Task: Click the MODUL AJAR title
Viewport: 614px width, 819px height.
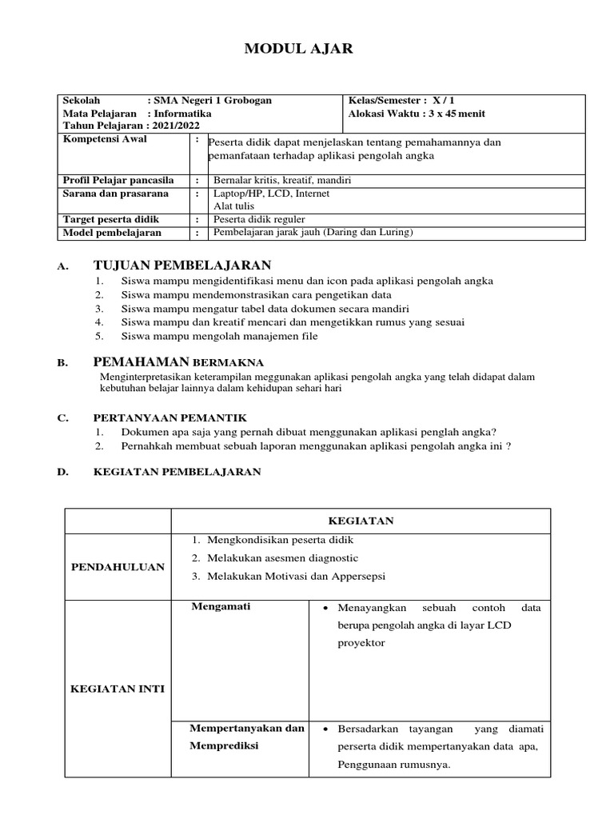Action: [x=297, y=50]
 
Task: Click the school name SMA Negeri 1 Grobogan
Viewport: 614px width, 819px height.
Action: [x=210, y=101]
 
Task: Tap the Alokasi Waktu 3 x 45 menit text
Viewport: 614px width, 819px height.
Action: [x=417, y=114]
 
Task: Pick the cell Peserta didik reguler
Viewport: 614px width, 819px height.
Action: [x=258, y=219]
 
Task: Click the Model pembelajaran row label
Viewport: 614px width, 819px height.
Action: [x=111, y=233]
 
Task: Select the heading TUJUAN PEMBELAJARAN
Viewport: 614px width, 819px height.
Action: [x=182, y=266]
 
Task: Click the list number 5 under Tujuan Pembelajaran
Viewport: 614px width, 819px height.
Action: [x=98, y=336]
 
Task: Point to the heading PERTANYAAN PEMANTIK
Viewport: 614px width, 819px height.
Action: [x=170, y=417]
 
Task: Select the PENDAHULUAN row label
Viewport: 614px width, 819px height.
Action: [x=118, y=567]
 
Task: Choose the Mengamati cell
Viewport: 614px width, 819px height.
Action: [x=221, y=606]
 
